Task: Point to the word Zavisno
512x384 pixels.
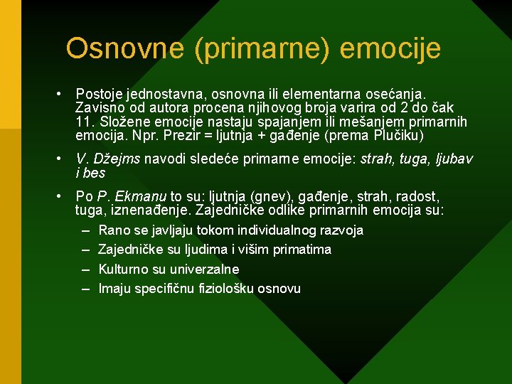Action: pos(98,107)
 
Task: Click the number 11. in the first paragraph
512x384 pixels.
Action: pos(85,122)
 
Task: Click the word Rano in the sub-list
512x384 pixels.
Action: pos(113,230)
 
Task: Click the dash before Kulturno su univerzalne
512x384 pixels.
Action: pos(85,270)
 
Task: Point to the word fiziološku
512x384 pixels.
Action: pos(225,289)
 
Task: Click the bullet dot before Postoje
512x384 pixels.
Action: pos(63,94)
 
